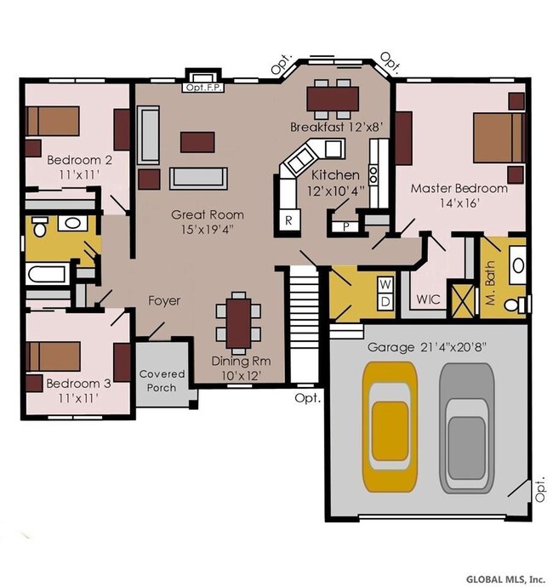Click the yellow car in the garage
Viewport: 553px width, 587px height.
[x=390, y=427]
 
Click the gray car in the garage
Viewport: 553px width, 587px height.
[x=467, y=429]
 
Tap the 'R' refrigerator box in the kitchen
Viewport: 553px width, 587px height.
[x=288, y=220]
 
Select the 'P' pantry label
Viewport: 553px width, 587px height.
[x=345, y=227]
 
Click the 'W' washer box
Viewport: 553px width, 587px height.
[x=385, y=284]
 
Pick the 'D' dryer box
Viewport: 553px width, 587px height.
[x=385, y=300]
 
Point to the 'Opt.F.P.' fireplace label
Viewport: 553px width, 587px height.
[x=204, y=88]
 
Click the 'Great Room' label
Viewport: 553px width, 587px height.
[x=208, y=215]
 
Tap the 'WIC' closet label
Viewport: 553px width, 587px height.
[x=428, y=299]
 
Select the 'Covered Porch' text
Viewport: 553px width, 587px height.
[x=162, y=381]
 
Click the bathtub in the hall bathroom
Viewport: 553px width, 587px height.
[x=48, y=274]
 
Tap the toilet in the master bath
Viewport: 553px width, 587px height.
[x=516, y=305]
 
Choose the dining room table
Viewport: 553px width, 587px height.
[x=238, y=323]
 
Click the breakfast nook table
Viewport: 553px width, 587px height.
[x=333, y=99]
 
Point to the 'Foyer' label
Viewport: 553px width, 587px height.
[x=164, y=301]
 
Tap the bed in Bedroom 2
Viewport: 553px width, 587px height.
[x=53, y=121]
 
